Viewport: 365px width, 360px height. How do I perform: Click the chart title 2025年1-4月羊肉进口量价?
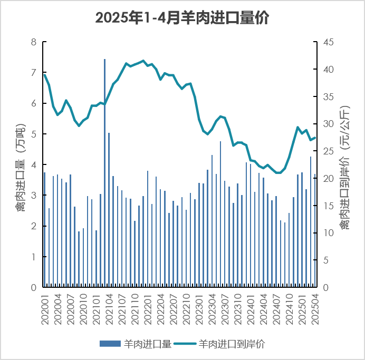click(182, 18)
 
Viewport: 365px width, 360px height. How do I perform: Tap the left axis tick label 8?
click(34, 42)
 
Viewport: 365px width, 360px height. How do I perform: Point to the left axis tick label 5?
click(34, 134)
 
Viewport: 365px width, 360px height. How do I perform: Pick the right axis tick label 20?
click(328, 179)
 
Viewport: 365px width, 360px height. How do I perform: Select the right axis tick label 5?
click(325, 260)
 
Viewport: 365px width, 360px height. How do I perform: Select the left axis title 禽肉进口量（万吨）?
click(20, 164)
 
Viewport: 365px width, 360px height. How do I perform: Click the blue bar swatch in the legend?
click(110, 344)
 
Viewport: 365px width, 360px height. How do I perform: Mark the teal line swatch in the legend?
click(186, 344)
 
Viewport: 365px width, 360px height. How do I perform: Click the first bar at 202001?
click(45, 230)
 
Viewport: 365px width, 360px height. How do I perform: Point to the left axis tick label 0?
click(34, 288)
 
